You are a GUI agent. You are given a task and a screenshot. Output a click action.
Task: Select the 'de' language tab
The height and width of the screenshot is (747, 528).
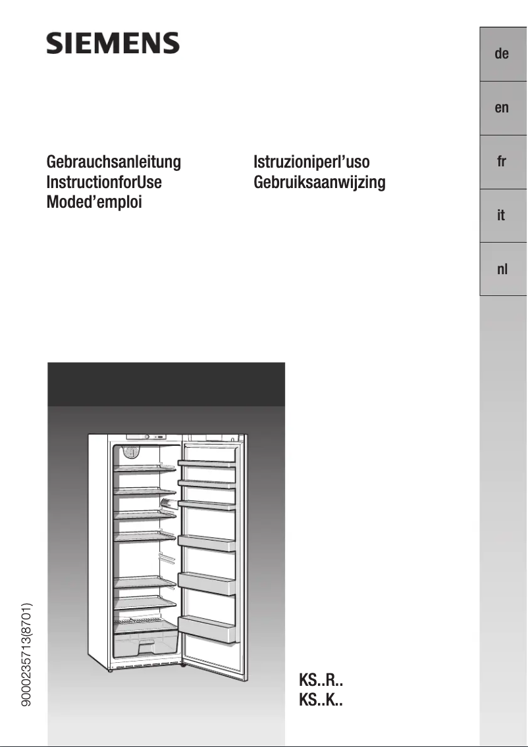coord(502,54)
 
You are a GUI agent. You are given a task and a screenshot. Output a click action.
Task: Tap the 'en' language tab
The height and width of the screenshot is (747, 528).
coord(502,108)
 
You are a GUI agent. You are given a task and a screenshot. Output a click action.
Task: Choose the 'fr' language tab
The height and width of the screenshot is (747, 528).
coord(502,162)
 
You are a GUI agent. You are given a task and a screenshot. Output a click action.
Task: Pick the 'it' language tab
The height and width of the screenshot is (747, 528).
coord(502,215)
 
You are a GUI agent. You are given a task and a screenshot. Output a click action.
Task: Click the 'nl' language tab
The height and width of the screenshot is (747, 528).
coord(502,269)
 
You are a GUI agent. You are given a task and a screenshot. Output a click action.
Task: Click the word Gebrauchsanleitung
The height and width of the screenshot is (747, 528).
coord(113,162)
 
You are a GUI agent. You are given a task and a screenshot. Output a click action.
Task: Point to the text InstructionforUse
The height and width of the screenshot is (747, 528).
coord(104,182)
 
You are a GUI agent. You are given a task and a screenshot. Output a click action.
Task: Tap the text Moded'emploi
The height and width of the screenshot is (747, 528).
coord(94,202)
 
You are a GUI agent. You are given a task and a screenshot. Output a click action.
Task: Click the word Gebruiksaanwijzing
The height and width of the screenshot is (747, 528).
coord(319,182)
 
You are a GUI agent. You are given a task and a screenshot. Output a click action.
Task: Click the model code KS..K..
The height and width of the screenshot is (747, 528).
coord(321,700)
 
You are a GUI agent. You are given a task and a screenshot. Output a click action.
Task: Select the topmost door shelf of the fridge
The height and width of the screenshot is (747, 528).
coord(207,464)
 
